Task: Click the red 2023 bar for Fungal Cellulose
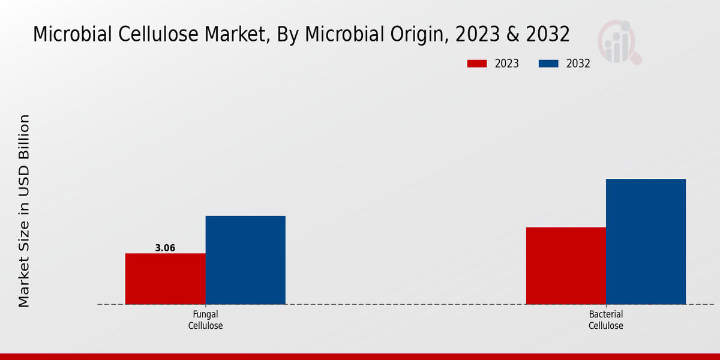pyautogui.click(x=165, y=278)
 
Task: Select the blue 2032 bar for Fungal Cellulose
pyautogui.click(x=245, y=260)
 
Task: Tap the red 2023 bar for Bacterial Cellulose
pyautogui.click(x=566, y=265)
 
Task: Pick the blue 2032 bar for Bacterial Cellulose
pyautogui.click(x=646, y=241)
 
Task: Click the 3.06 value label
pyautogui.click(x=165, y=248)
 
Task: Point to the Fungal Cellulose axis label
pyautogui.click(x=205, y=320)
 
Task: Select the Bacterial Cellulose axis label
pyautogui.click(x=605, y=320)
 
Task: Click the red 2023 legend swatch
pyautogui.click(x=478, y=64)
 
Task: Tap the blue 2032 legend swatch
pyautogui.click(x=549, y=64)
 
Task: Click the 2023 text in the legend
pyautogui.click(x=506, y=64)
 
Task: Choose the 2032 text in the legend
pyautogui.click(x=578, y=64)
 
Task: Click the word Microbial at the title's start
pyautogui.click(x=71, y=35)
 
